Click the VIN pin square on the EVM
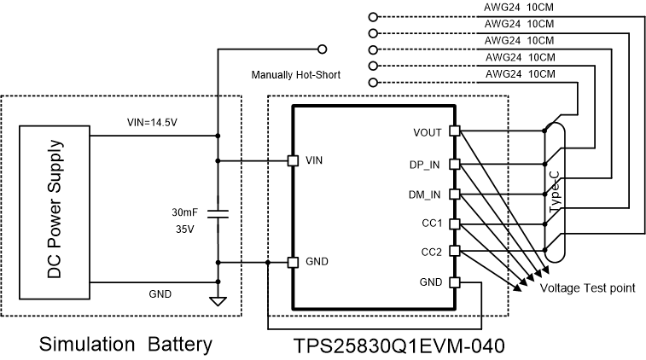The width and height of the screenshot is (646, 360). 293,160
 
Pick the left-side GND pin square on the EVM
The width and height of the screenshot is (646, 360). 293,262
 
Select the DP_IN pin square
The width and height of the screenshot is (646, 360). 455,162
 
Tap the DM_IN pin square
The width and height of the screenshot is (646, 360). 455,194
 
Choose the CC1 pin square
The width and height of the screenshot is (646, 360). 455,224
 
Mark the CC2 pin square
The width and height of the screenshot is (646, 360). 455,251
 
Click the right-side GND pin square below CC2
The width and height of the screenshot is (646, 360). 455,282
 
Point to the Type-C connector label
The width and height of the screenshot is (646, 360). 555,191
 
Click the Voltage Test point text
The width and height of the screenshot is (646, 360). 588,288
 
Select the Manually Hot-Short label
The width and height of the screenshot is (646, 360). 295,75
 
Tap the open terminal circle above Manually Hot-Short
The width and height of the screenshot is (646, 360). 322,49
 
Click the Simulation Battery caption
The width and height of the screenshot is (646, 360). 125,345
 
